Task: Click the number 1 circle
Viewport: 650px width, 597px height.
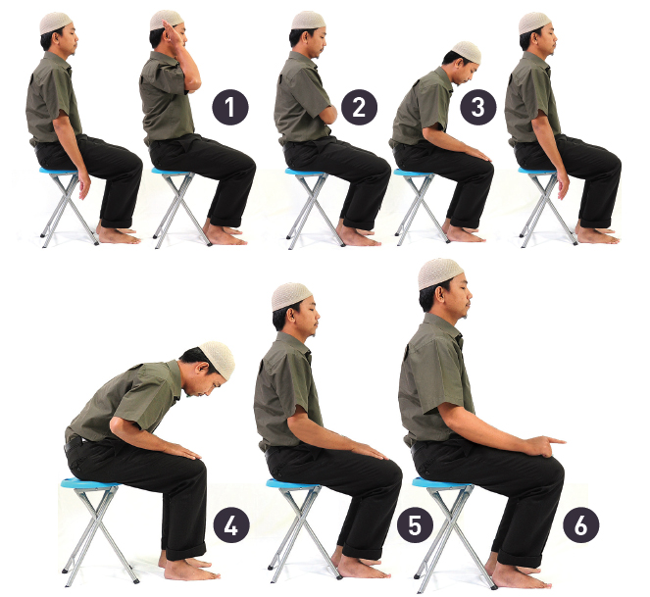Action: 230,107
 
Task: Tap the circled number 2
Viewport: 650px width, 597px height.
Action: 359,107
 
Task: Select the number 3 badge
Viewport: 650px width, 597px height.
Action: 478,107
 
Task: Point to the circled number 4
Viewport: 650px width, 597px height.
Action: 231,525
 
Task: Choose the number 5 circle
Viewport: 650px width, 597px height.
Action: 415,525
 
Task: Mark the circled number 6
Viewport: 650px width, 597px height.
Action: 580,525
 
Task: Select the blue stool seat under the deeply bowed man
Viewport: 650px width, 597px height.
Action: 89,482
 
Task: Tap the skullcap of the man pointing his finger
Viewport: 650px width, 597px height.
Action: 439,274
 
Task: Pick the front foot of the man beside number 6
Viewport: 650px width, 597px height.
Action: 522,577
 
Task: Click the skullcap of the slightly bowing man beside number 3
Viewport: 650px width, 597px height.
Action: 468,51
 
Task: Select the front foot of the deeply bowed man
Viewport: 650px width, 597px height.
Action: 191,571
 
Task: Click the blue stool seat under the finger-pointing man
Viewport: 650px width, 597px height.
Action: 441,482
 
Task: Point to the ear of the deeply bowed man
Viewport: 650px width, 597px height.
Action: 203,368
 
